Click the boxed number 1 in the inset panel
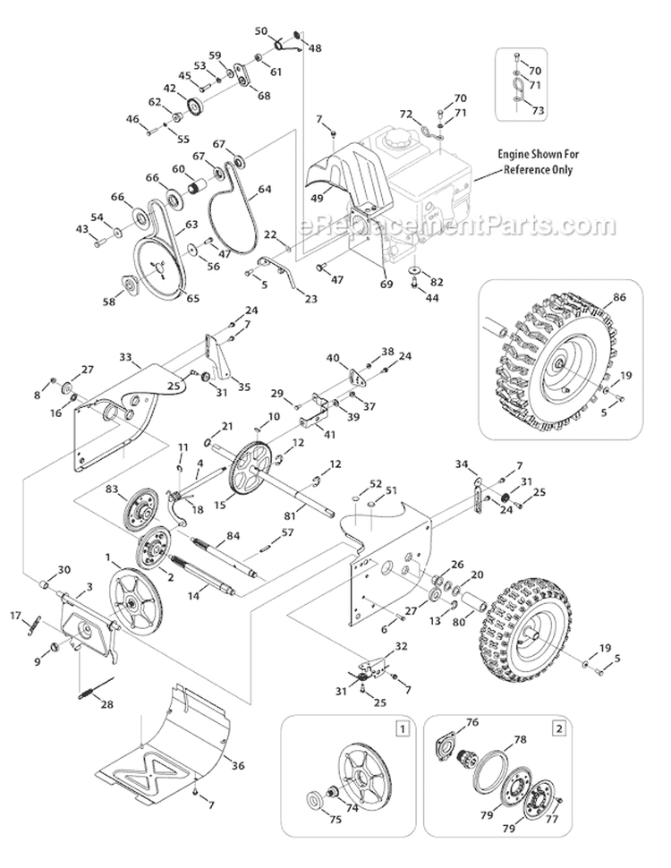(x=403, y=728)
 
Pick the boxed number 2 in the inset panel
(x=559, y=728)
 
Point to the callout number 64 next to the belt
(x=265, y=189)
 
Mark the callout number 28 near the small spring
(x=107, y=705)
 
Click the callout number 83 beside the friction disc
(x=111, y=489)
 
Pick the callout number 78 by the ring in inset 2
(x=519, y=739)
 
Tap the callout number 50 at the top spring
(x=261, y=31)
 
